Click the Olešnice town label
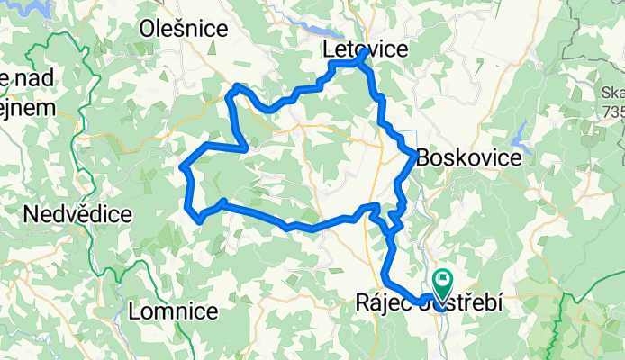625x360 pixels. coord(184,29)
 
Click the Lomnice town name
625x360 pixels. coord(174,311)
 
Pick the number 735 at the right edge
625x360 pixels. coord(613,111)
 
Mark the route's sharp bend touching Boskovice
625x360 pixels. coord(414,157)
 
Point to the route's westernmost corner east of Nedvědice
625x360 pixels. coord(184,166)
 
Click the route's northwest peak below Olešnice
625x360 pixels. coord(236,86)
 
